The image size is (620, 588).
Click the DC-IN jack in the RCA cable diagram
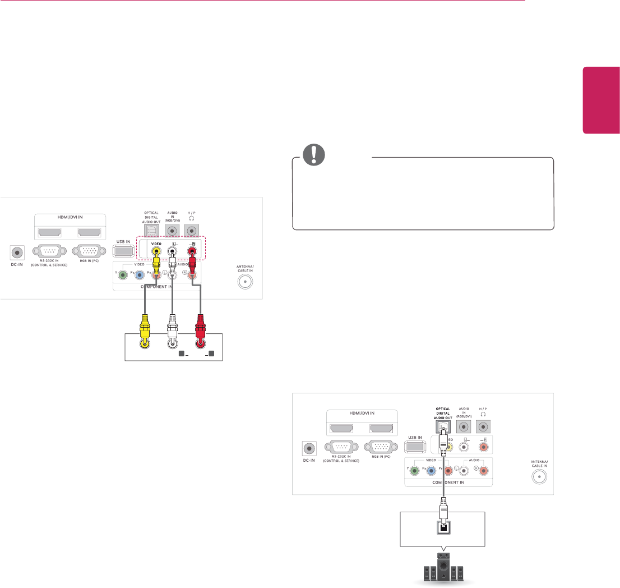coord(16,253)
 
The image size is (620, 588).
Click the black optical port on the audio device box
coord(443,526)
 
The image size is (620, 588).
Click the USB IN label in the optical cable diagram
coord(414,438)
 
